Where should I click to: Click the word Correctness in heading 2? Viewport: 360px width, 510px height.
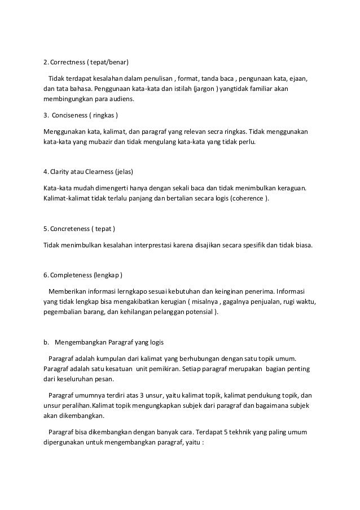pos(68,61)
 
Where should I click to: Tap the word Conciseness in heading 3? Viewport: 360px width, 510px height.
pos(74,116)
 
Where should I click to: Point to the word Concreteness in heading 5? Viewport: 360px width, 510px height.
pos(72,229)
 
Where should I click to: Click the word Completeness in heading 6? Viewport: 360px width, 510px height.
pos(71,275)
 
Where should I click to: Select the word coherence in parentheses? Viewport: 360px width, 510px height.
pos(248,199)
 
